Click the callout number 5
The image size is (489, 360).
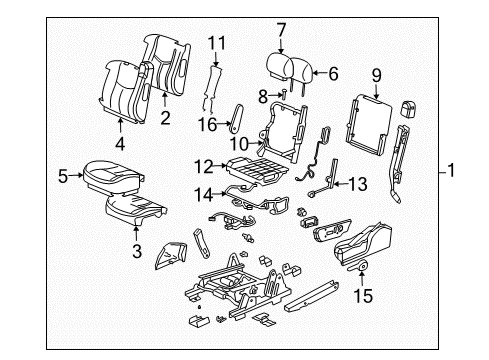[62, 176]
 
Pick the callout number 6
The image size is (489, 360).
[333, 73]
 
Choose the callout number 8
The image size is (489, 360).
[263, 95]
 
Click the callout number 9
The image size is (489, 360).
[376, 73]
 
